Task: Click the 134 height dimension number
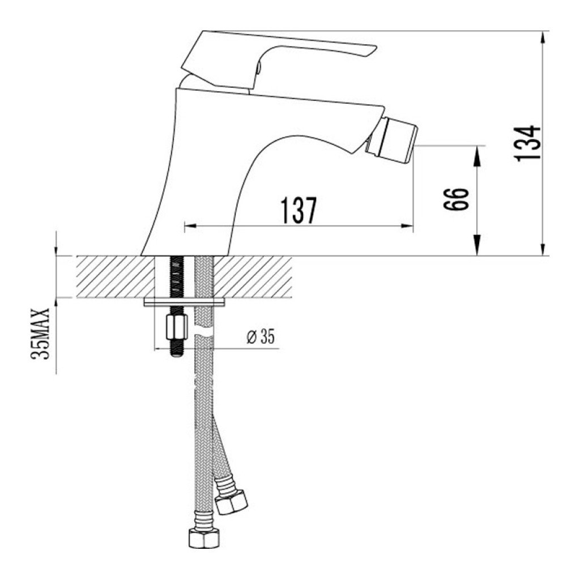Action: coord(528,143)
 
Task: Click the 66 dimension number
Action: coord(456,199)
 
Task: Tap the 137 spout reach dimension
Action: coord(298,210)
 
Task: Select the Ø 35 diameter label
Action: coord(261,336)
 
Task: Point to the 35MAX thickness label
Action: coord(40,333)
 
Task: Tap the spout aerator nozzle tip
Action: coord(392,139)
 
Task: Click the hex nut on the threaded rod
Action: coord(176,327)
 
